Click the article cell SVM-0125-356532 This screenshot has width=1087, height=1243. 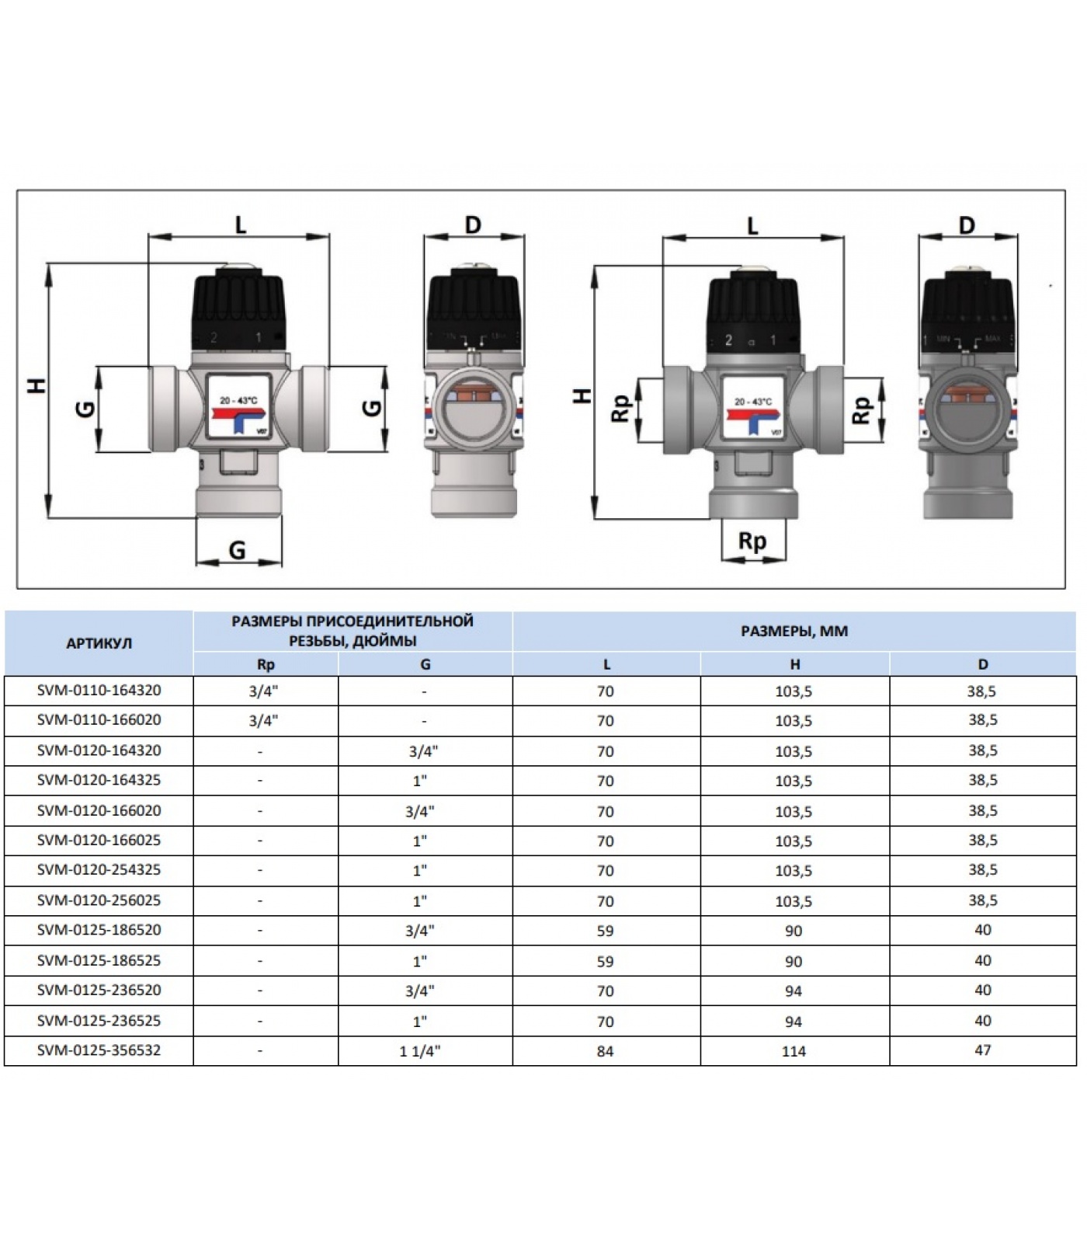[x=99, y=1050]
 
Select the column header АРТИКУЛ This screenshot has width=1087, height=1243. [x=99, y=643]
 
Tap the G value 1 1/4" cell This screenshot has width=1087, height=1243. [x=419, y=1051]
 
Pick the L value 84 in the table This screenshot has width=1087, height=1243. [x=605, y=1051]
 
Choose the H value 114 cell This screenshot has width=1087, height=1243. [x=794, y=1051]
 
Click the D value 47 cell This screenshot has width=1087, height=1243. [x=982, y=1050]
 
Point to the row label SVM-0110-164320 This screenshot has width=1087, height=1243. [x=99, y=690]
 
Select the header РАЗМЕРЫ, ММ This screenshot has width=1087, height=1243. [x=794, y=631]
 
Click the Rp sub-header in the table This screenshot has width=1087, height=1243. [x=265, y=664]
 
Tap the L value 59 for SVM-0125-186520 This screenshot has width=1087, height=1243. [x=605, y=931]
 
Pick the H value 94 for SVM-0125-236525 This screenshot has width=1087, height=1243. [x=794, y=1022]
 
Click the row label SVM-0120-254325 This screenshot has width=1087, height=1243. [x=99, y=870]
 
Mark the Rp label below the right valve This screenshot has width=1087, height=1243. [x=752, y=541]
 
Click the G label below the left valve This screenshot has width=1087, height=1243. [x=237, y=550]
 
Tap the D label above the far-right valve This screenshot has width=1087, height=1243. [x=966, y=226]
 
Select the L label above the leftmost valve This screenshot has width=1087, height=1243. [x=240, y=225]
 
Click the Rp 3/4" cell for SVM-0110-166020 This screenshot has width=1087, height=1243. [x=263, y=720]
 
